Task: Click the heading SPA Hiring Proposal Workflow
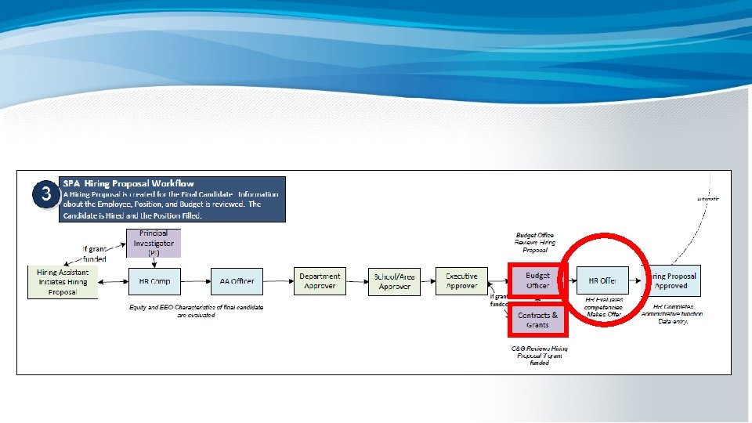(128, 183)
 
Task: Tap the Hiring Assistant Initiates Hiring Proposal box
(63, 282)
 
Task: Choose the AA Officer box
(237, 280)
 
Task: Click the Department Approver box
(320, 280)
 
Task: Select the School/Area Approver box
(394, 281)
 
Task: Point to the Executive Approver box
(461, 280)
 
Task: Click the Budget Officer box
(537, 280)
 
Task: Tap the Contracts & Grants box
(537, 320)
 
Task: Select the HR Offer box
(602, 280)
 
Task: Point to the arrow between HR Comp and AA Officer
(196, 280)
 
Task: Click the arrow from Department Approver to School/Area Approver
(357, 280)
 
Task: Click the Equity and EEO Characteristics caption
(196, 310)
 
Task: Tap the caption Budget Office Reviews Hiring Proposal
(537, 243)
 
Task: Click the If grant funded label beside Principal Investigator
(95, 254)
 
